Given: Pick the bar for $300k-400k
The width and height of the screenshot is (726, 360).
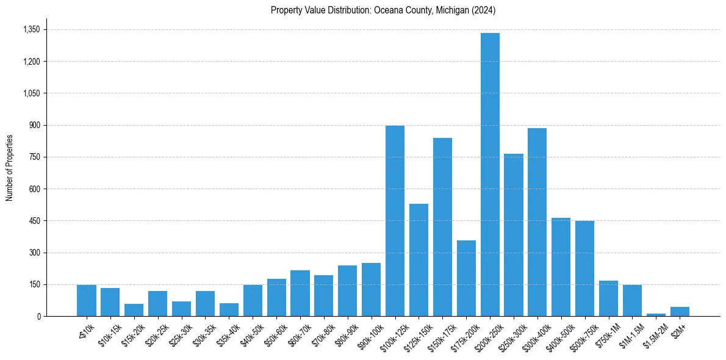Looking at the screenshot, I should [x=537, y=222].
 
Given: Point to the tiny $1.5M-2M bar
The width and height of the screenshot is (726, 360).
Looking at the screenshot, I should [x=656, y=315].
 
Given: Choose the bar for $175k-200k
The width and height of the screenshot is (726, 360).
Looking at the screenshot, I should [x=466, y=278].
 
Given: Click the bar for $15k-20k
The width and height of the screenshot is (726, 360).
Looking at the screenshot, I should [x=134, y=310].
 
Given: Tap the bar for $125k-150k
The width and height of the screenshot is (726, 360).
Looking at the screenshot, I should [x=419, y=260].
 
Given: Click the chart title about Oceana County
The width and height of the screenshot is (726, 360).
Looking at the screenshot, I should [x=383, y=10].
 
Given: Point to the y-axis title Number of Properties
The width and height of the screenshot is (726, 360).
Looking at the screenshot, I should [x=9, y=168].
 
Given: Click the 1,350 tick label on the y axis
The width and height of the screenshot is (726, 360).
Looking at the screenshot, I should [x=31, y=29].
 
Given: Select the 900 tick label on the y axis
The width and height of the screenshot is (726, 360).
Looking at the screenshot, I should [x=34, y=125].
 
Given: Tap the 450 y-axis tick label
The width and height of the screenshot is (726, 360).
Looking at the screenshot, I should [x=34, y=221].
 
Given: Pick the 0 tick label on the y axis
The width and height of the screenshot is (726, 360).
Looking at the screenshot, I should [x=38, y=316].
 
